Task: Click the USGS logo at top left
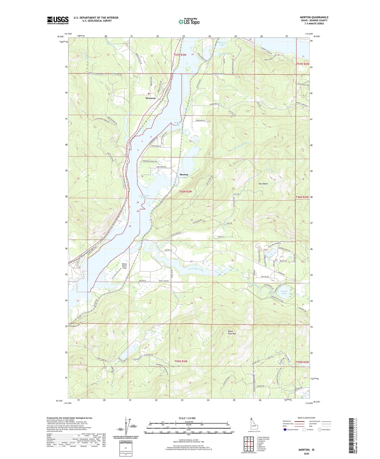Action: (x=58, y=20)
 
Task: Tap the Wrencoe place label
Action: (x=151, y=98)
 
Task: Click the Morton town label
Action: (x=184, y=175)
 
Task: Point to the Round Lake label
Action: (x=284, y=292)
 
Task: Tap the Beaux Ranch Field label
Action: (x=124, y=266)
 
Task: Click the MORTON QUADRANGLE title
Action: (x=314, y=17)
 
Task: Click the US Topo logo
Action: (x=189, y=21)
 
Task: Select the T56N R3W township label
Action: (x=186, y=192)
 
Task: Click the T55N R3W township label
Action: (x=181, y=361)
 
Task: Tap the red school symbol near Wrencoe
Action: (x=149, y=93)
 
